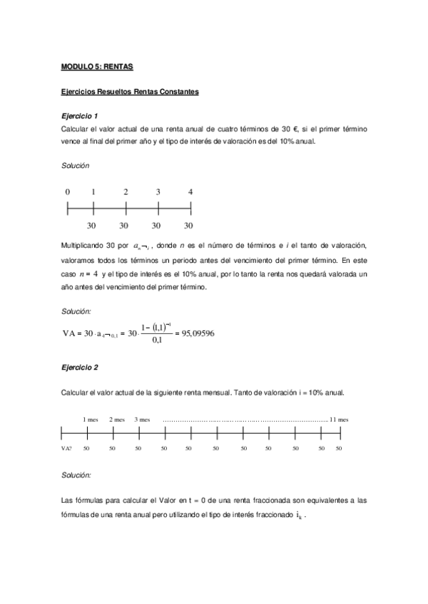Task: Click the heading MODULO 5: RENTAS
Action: pos(98,67)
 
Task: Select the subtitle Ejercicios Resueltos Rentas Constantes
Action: pos(129,92)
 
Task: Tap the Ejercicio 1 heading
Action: pos(80,115)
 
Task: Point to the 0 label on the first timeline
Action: pos(67,192)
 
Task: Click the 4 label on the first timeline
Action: pos(190,192)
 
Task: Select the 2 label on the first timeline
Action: pos(126,192)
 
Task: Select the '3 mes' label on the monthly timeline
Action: pos(142,420)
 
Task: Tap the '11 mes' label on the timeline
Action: pos(338,420)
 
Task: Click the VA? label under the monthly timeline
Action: pos(66,449)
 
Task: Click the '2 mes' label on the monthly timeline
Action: pos(117,420)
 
